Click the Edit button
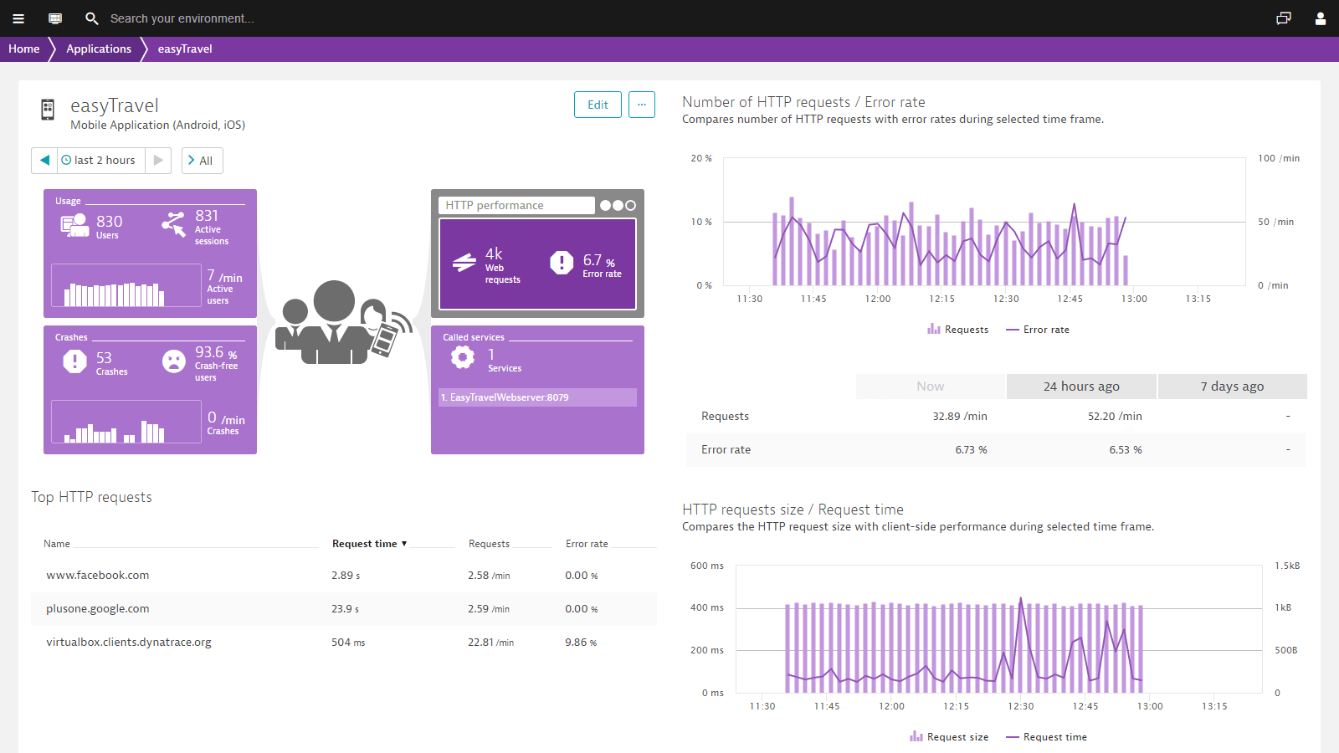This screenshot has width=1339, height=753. [598, 105]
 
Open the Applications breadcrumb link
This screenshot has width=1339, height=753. [99, 49]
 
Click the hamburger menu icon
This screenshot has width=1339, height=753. [18, 18]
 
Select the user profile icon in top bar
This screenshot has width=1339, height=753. [1321, 18]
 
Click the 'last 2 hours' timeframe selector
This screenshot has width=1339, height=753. [100, 161]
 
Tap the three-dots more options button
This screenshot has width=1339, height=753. [642, 105]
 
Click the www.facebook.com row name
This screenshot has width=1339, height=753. [98, 576]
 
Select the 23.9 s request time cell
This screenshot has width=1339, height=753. [345, 609]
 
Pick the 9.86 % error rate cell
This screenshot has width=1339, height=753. [581, 643]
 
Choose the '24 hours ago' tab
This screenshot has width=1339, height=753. [1081, 387]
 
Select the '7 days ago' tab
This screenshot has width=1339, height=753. [1232, 387]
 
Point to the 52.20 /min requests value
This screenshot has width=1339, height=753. [1115, 417]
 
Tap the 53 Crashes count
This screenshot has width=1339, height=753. [104, 359]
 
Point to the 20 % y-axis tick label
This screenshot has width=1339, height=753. [701, 158]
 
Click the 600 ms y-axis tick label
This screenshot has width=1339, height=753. [706, 566]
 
